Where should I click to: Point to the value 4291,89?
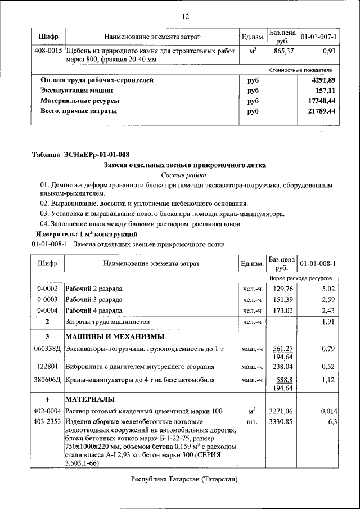tap(323, 80)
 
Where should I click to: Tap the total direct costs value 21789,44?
tap(322, 111)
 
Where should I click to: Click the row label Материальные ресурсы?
tap(79, 101)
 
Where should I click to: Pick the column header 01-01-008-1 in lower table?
tap(318, 263)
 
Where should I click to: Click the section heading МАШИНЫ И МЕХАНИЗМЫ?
tap(115, 337)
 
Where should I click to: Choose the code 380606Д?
tap(48, 380)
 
